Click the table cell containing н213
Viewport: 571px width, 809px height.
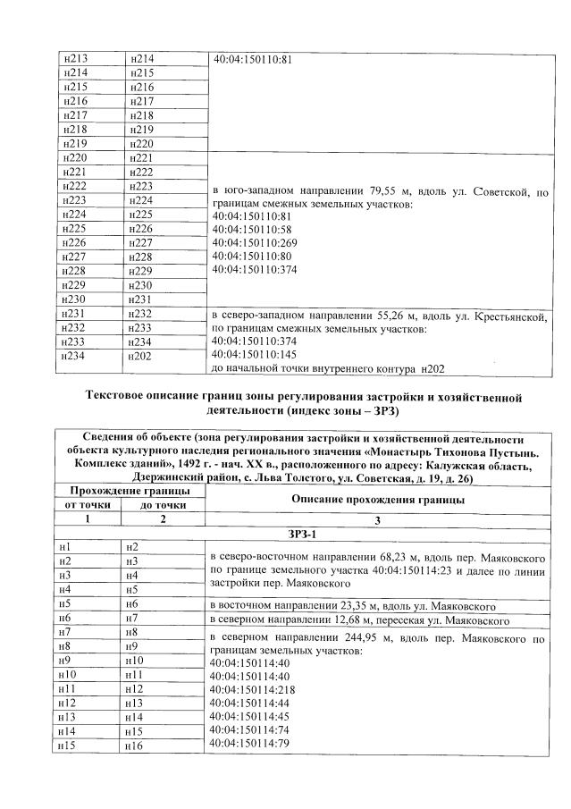pos(88,59)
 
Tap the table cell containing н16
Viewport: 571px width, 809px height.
pos(161,746)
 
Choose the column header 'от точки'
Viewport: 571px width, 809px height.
pos(88,505)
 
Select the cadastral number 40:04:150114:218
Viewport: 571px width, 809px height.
pos(253,689)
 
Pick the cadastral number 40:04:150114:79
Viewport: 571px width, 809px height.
pos(250,744)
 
